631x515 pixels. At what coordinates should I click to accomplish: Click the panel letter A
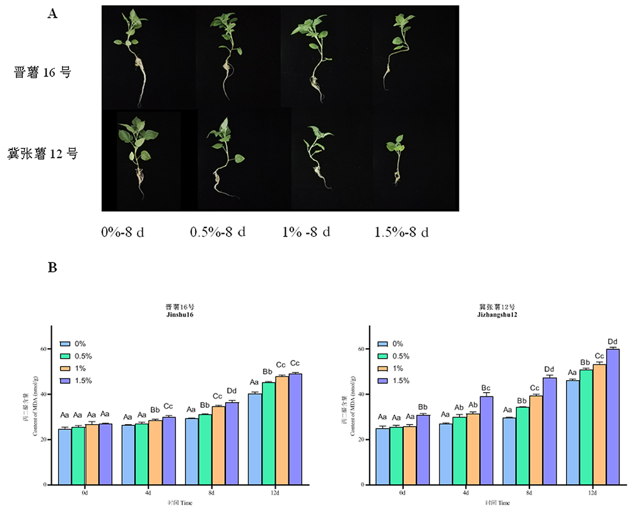(x=53, y=14)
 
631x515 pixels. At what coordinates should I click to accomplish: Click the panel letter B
(x=53, y=268)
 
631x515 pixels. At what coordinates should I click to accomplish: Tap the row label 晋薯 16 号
(x=42, y=72)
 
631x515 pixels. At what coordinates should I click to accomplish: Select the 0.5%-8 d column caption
(x=218, y=232)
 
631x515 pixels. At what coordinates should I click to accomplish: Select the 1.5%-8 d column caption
(x=401, y=232)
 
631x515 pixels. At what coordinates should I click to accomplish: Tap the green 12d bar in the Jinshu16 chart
(x=268, y=433)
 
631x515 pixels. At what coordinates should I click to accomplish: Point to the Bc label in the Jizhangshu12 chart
(x=487, y=388)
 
